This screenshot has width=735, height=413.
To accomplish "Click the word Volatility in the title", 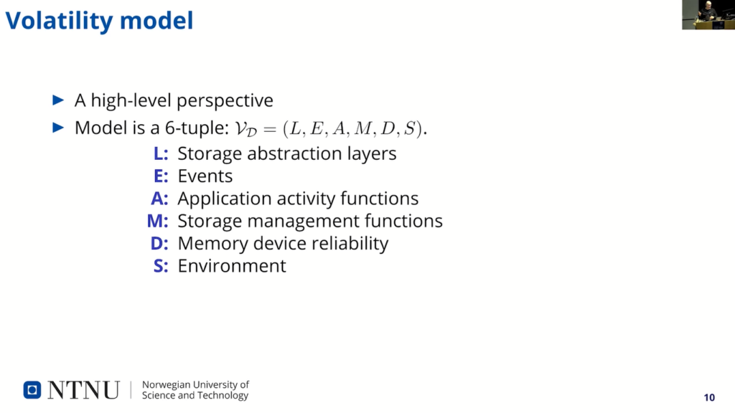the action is (59, 21).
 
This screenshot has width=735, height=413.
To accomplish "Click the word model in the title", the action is (156, 21).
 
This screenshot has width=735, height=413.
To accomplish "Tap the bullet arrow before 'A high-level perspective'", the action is (58, 100).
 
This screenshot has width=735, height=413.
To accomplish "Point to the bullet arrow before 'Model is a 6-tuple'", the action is (58, 128).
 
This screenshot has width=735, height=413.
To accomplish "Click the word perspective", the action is (225, 101).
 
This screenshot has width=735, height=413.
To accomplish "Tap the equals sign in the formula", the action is (270, 129).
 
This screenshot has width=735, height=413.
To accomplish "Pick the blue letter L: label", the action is (161, 153).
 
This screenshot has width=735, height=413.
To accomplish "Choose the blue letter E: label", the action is (161, 176).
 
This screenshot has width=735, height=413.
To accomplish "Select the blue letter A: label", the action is (159, 199).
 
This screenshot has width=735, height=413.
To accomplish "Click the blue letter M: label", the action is (157, 221).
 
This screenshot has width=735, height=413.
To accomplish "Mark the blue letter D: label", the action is (159, 244).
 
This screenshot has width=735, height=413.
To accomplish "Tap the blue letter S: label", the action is (161, 266).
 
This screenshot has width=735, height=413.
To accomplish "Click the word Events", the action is (205, 176).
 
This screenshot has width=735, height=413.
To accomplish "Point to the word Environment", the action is (232, 266).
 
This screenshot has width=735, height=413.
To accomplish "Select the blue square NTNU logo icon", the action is (32, 389).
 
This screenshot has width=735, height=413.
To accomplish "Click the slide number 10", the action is (709, 397).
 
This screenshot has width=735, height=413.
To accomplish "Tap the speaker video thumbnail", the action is (708, 14).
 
